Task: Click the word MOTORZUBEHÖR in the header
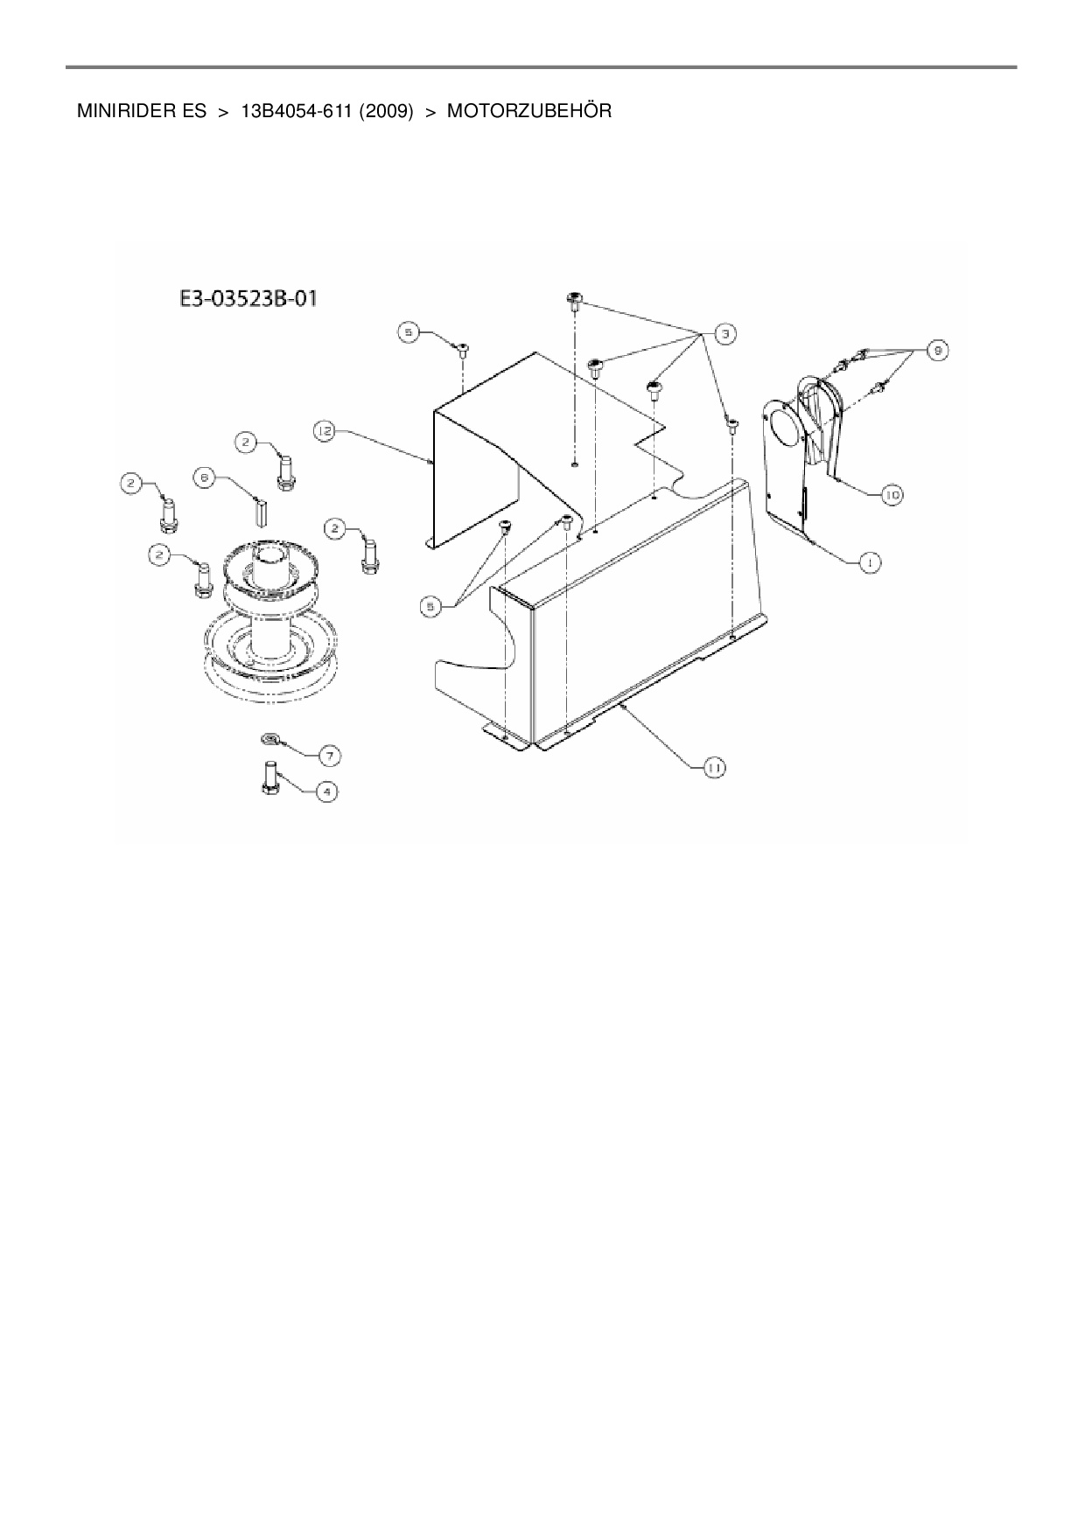(528, 112)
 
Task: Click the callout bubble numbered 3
(724, 333)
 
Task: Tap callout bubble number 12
(325, 430)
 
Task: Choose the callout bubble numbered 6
(204, 478)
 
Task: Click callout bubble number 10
(891, 495)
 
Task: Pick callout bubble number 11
(714, 767)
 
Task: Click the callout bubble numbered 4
(325, 792)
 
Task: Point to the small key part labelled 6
(259, 511)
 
